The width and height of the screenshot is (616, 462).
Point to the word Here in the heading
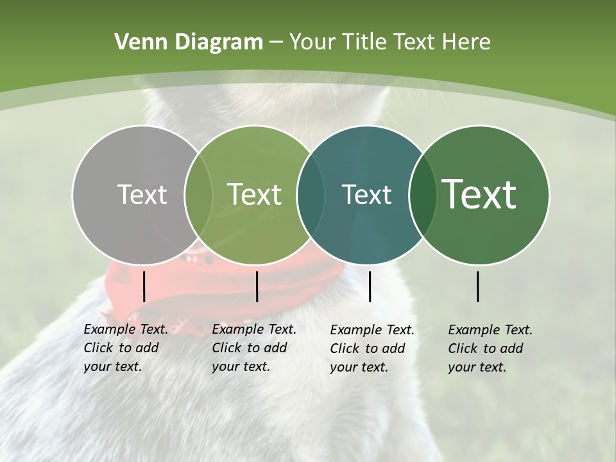[x=466, y=42]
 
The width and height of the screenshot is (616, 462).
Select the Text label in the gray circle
[x=142, y=194]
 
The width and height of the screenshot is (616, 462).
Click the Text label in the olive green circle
[x=255, y=194]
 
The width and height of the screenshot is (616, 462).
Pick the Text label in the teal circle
[x=366, y=194]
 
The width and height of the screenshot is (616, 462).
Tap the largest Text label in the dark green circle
[x=479, y=194]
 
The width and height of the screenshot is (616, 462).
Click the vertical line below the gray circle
[x=144, y=286]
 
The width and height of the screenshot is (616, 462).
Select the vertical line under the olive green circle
[x=257, y=286]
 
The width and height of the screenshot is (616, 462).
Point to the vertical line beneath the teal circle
[x=370, y=286]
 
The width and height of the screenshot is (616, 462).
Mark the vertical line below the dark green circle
[x=478, y=286]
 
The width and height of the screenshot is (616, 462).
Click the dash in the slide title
[x=276, y=42]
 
